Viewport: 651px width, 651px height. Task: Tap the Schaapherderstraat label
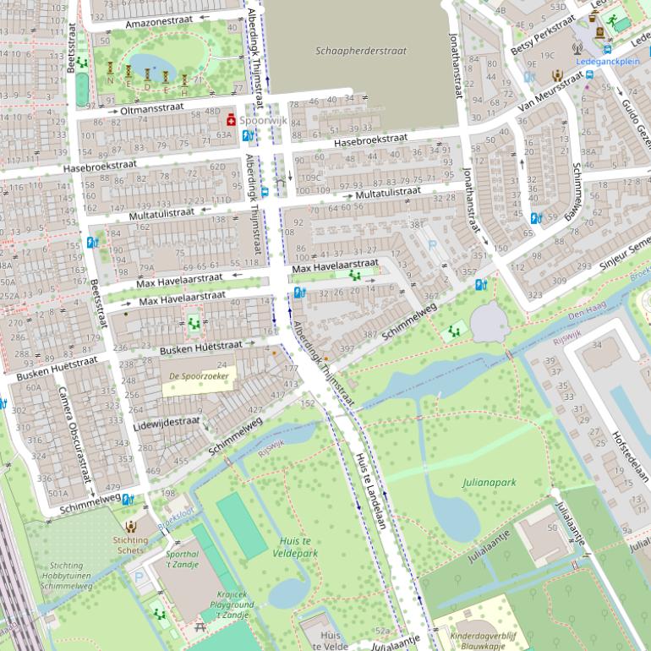click(x=361, y=51)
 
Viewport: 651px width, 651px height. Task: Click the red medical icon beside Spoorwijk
click(x=230, y=120)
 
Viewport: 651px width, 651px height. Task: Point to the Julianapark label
click(x=489, y=483)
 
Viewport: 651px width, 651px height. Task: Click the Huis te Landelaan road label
click(x=369, y=491)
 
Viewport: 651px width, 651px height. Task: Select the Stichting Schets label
click(x=130, y=544)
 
